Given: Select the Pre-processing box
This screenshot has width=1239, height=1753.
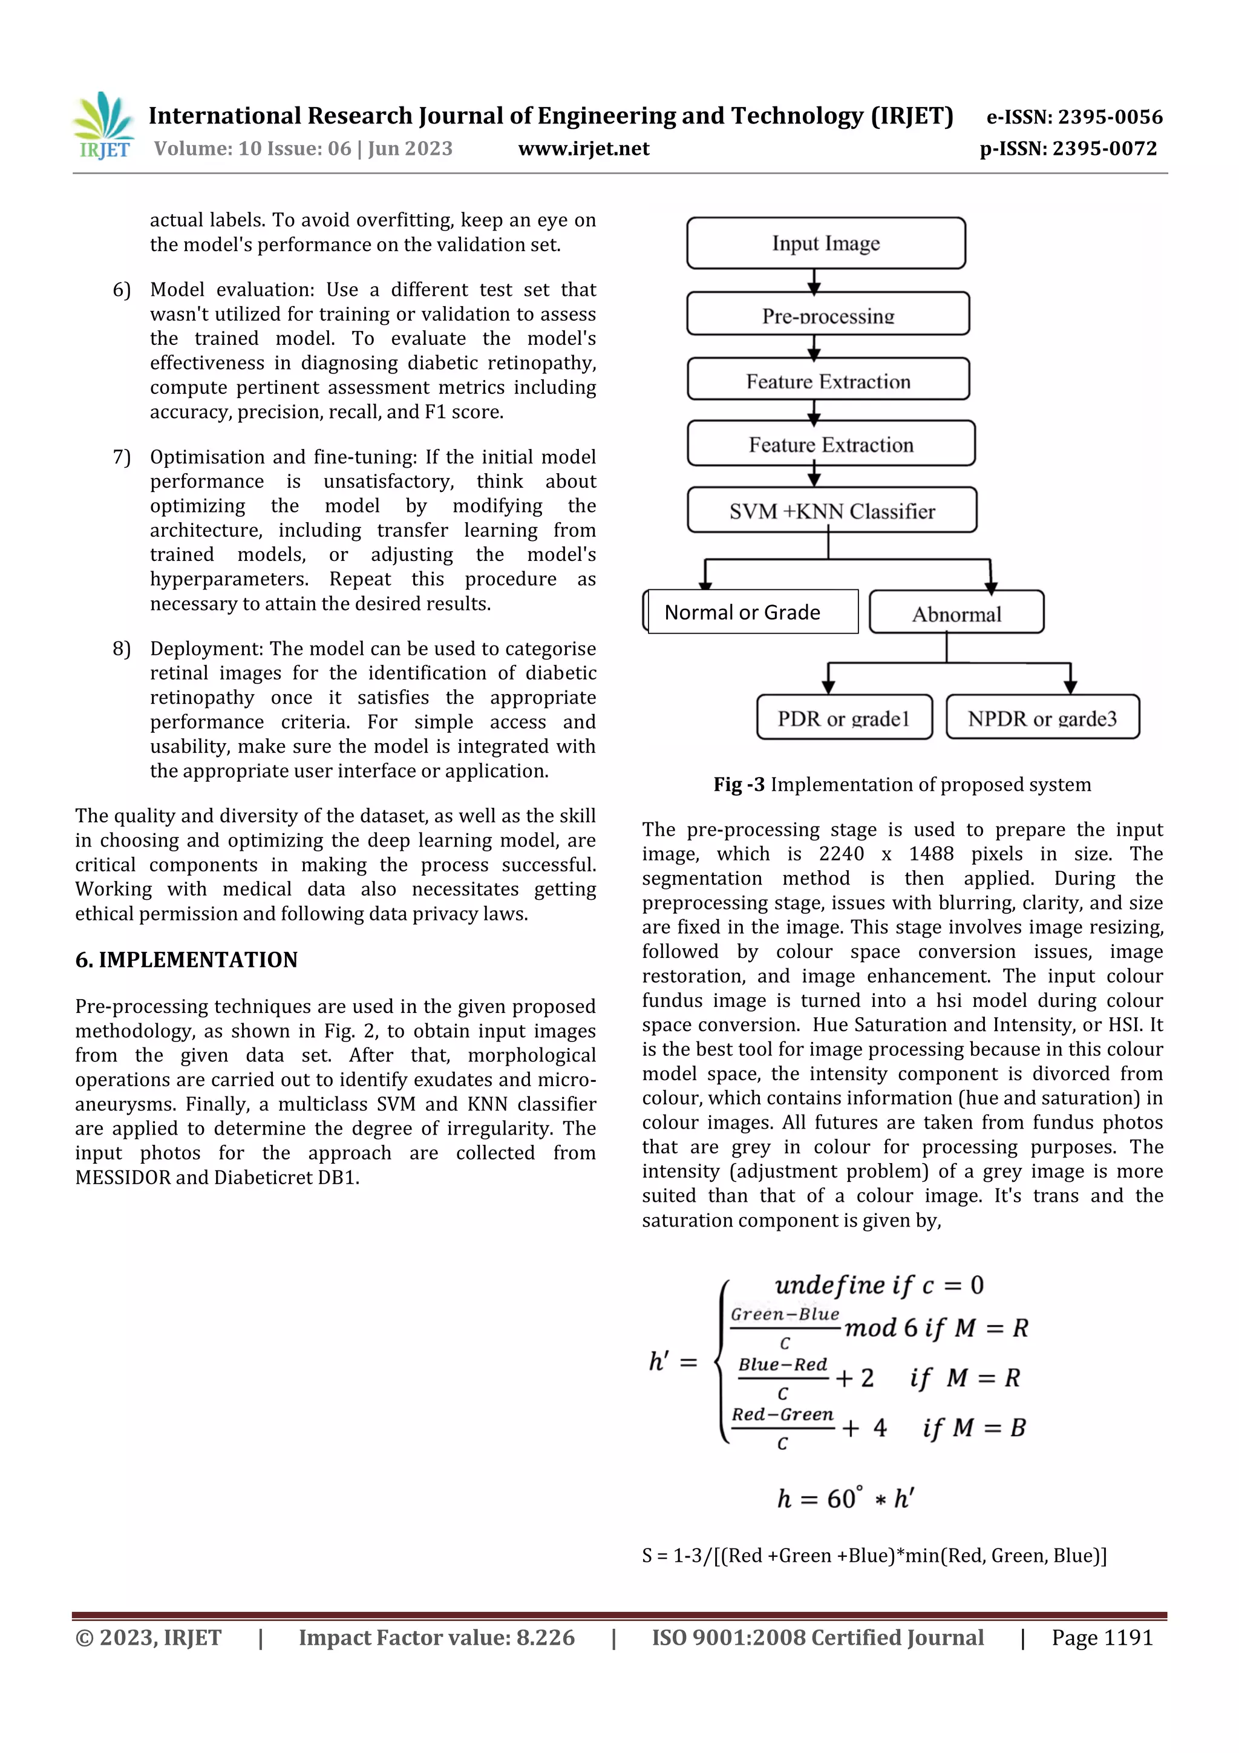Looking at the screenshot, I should point(828,314).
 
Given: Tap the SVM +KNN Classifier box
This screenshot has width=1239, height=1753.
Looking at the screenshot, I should point(831,510).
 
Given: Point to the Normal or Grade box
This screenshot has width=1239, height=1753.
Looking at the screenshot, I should point(751,612).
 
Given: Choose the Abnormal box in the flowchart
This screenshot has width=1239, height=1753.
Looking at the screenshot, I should point(956,612).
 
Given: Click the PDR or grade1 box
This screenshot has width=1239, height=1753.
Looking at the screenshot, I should point(843,718).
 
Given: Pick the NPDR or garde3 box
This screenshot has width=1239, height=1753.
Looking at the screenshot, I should point(1042,718).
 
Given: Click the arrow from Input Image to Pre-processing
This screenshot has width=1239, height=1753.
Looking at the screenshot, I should point(814,281).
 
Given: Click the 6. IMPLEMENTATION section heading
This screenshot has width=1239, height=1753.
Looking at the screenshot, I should point(186,960).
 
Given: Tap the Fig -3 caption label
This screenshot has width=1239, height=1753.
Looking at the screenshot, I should point(738,785).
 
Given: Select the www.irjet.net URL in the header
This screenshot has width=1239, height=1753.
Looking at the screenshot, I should point(583,149).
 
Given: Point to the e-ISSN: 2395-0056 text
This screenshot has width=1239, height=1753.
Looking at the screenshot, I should point(1074,117).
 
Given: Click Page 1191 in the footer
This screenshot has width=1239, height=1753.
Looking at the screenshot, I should point(1102,1637).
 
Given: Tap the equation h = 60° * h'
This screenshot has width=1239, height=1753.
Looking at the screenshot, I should point(845,1498).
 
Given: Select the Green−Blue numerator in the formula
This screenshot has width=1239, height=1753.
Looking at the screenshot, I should point(785,1314).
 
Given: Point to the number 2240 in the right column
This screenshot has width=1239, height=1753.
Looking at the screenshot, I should point(842,854).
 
